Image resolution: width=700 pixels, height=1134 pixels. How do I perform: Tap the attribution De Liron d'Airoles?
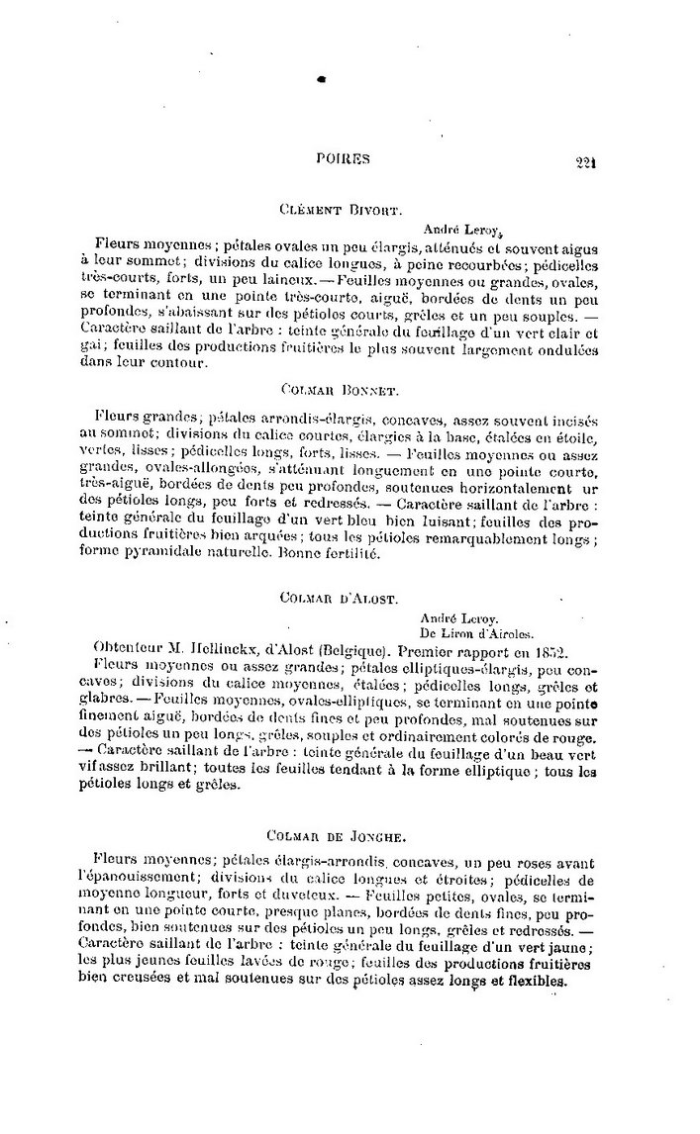476,633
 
